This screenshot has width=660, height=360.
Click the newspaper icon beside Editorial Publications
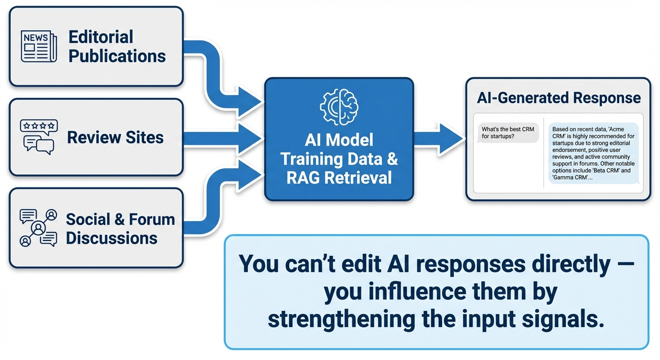[x=39, y=46]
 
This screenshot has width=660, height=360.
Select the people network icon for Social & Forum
[x=38, y=228]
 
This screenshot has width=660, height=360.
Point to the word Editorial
[x=101, y=37]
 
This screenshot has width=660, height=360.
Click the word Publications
[x=117, y=56]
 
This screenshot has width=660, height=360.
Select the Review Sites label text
[x=115, y=137]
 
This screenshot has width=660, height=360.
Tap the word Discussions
[x=112, y=238]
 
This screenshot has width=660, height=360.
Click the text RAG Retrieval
[x=338, y=178]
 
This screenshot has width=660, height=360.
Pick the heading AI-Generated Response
[x=558, y=97]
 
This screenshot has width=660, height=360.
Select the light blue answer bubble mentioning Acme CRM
[x=593, y=153]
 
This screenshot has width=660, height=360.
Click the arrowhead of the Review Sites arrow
[x=251, y=138]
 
